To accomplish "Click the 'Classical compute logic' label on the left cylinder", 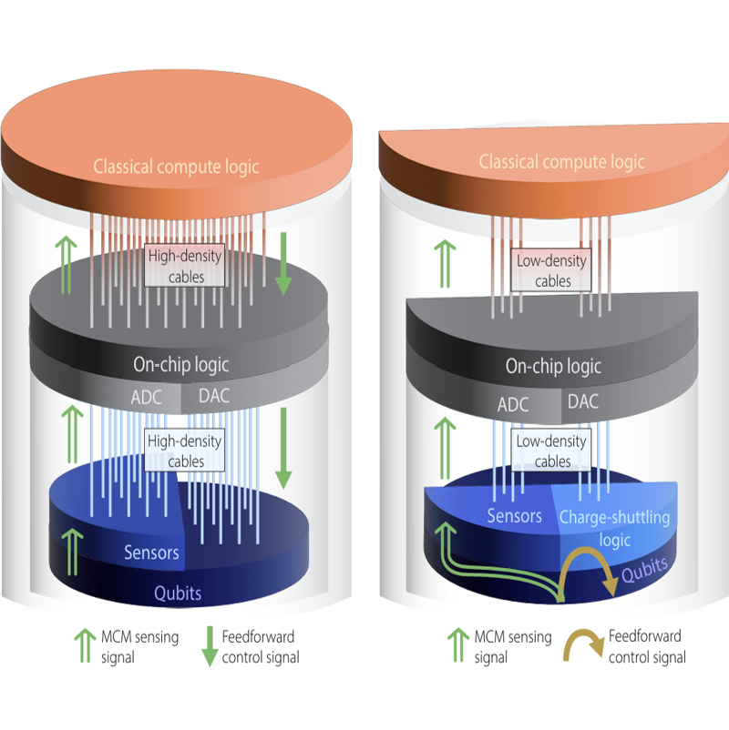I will (x=176, y=167).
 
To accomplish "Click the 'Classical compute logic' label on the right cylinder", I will (x=560, y=162).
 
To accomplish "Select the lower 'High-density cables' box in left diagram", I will (x=185, y=450).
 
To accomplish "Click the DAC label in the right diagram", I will (x=583, y=401).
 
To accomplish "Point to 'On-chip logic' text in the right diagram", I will (x=553, y=367).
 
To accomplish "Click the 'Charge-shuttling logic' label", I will (x=614, y=528).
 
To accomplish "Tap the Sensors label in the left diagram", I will (x=151, y=553).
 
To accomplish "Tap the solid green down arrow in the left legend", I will (x=209, y=645).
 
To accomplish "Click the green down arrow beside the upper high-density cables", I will (x=283, y=264).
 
